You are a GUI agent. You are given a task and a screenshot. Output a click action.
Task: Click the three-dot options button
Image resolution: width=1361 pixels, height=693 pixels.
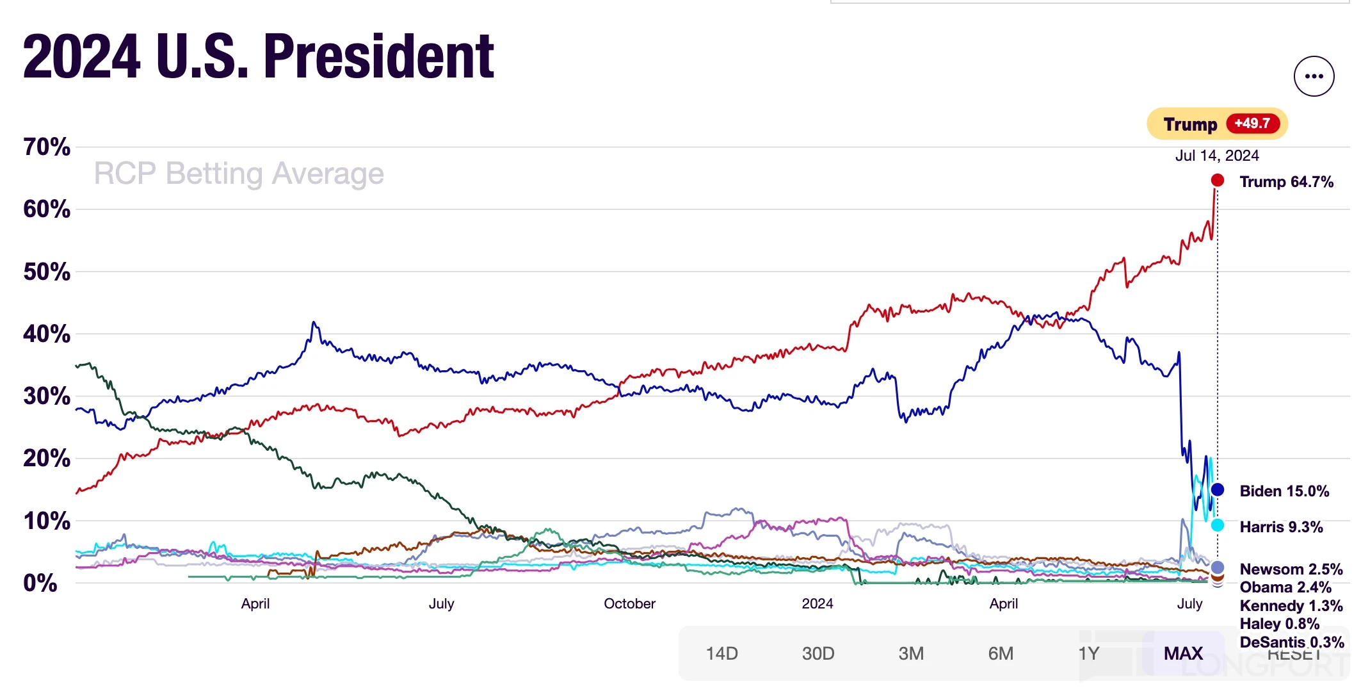tap(1314, 76)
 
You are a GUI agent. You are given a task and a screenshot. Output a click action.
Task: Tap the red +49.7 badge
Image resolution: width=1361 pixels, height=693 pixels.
tap(1253, 124)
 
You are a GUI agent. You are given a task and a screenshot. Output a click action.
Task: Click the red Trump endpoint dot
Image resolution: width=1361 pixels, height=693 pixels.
tap(1217, 181)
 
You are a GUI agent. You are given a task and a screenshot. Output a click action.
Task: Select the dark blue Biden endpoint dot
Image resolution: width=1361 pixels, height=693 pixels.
tap(1217, 490)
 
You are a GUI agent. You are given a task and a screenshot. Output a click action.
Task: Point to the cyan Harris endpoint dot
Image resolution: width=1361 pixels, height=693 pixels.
tap(1217, 525)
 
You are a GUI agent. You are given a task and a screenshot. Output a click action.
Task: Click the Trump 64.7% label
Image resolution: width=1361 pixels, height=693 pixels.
tap(1286, 182)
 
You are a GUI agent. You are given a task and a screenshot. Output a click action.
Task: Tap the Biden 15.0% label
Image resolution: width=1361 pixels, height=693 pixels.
tap(1284, 491)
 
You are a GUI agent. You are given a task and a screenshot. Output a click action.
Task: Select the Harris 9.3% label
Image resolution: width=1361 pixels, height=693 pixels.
tap(1281, 527)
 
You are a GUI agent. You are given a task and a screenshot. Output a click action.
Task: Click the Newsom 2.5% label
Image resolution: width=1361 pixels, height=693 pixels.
tap(1291, 569)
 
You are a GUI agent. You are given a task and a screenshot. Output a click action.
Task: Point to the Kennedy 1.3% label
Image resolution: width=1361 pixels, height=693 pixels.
tap(1291, 606)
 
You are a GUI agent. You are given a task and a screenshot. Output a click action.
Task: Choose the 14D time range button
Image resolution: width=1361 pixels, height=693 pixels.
tap(721, 653)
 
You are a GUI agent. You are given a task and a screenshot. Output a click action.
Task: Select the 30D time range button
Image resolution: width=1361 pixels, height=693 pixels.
tap(817, 653)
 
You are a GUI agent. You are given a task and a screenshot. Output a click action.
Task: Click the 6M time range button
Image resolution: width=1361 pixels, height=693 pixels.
tap(1001, 653)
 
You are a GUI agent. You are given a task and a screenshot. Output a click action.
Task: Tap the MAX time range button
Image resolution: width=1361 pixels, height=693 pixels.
tap(1183, 653)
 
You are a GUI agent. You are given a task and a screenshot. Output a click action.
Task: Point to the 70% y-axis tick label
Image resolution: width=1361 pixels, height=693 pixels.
tap(47, 147)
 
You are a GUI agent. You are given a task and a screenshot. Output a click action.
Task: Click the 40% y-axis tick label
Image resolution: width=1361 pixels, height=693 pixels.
tap(47, 334)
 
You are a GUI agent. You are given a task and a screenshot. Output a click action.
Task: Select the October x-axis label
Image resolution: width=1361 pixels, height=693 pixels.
tap(629, 603)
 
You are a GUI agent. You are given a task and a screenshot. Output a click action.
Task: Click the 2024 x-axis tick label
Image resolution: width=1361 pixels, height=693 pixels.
tap(817, 603)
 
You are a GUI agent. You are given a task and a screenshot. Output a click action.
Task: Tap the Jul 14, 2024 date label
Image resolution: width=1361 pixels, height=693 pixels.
tap(1216, 156)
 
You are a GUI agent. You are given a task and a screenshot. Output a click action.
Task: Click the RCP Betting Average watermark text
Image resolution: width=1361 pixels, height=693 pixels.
tap(239, 174)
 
